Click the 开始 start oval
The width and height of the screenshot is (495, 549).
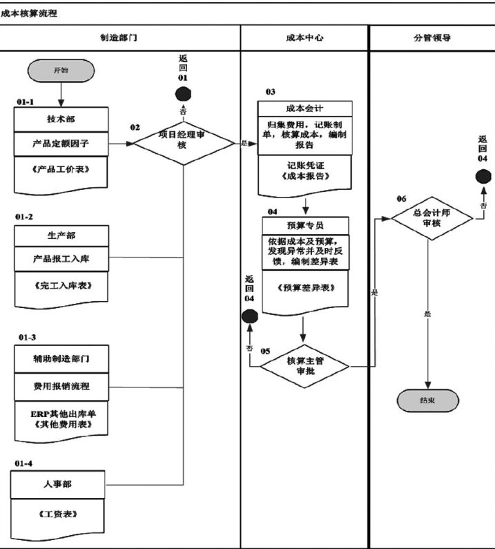[61, 70]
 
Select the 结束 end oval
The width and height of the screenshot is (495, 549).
[427, 399]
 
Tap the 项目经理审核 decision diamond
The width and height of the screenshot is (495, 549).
[183, 142]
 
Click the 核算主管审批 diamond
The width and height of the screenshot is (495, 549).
[304, 366]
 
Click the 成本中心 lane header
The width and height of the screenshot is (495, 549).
[304, 38]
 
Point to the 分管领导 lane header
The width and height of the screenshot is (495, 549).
[431, 38]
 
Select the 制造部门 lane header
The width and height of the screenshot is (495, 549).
[119, 38]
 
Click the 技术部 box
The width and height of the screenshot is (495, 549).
[61, 119]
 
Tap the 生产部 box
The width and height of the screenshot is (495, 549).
[61, 235]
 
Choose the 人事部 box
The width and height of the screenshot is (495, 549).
[57, 484]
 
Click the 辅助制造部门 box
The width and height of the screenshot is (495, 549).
[61, 360]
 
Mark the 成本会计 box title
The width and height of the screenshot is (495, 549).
[304, 108]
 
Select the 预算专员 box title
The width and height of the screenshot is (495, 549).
[304, 225]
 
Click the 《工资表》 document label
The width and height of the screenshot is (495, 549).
[57, 514]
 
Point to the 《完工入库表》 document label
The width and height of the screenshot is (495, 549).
[61, 285]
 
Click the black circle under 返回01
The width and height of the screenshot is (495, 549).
[183, 95]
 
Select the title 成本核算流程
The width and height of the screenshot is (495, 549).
[29, 12]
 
